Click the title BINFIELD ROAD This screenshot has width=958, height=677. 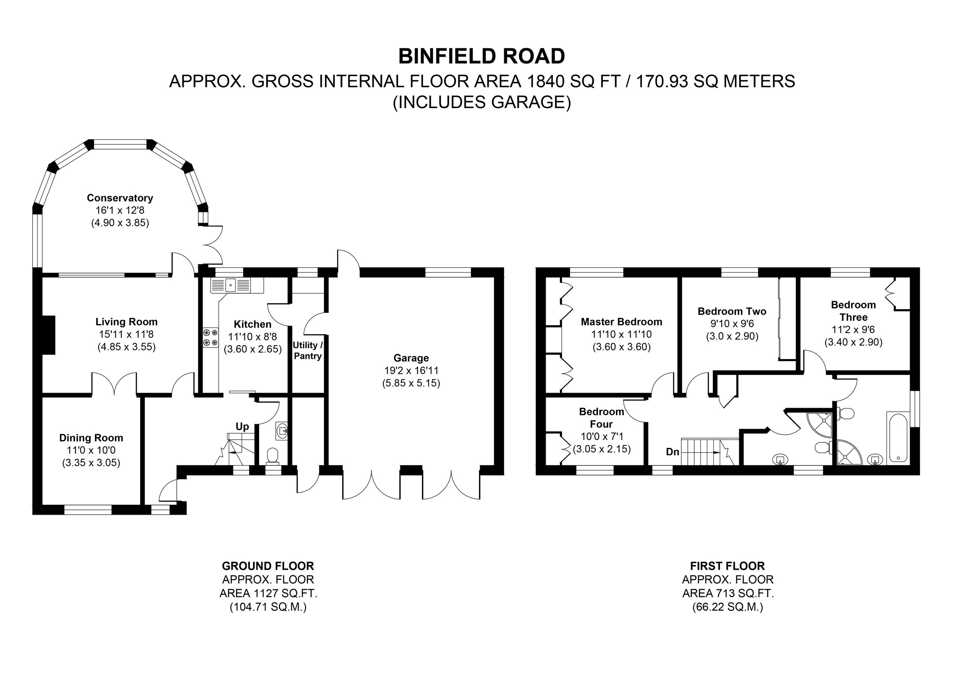click(481, 56)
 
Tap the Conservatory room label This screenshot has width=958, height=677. click(120, 198)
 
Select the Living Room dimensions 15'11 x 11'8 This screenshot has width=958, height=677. click(127, 334)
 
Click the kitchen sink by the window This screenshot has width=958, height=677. click(231, 285)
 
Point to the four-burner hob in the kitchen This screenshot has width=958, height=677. click(211, 338)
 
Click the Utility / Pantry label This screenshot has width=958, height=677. click(307, 350)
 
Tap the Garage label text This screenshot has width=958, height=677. click(411, 358)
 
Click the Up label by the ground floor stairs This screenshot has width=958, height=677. click(242, 427)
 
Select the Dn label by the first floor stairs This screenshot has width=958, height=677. click(672, 452)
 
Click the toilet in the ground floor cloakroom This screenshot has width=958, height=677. click(273, 456)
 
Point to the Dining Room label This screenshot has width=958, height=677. click(91, 438)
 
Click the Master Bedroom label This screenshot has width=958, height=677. click(621, 322)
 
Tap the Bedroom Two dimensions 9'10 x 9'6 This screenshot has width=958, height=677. click(732, 324)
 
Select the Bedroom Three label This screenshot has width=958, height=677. click(853, 311)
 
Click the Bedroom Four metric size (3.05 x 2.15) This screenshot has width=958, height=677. click(602, 449)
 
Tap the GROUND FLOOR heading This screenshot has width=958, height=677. click(268, 566)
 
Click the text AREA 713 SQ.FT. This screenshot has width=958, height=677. click(728, 593)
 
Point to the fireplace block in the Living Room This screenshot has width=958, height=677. click(49, 335)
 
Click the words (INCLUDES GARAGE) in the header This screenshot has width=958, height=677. click(481, 103)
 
